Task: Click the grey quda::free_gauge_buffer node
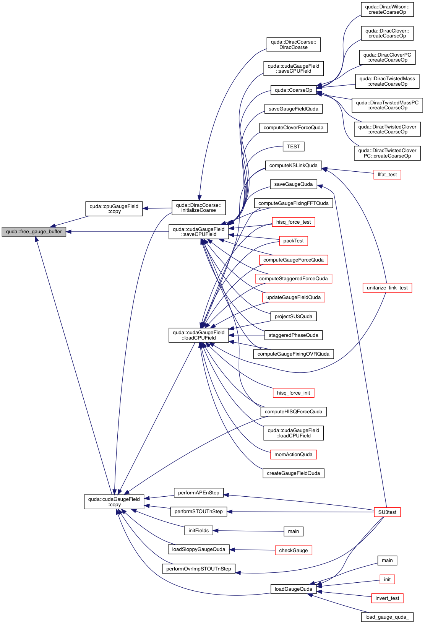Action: point(34,232)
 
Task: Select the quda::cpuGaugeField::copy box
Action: point(114,209)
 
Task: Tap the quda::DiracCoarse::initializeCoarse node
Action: point(198,208)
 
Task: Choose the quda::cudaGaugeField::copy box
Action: point(114,502)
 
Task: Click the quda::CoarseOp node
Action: point(293,90)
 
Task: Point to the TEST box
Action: point(293,146)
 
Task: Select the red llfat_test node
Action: point(387,175)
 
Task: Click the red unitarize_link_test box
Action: point(387,288)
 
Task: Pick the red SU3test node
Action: point(387,512)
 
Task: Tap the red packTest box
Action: point(293,241)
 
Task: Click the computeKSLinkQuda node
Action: point(293,166)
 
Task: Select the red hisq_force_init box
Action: point(293,393)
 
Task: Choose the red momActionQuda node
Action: point(293,454)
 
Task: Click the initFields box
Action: point(198,531)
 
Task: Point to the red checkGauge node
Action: point(293,550)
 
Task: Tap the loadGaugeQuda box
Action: point(293,589)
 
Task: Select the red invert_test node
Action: point(387,598)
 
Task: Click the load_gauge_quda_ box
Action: point(387,617)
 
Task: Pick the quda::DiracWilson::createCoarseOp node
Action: point(387,10)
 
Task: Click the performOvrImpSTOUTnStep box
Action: point(198,569)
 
